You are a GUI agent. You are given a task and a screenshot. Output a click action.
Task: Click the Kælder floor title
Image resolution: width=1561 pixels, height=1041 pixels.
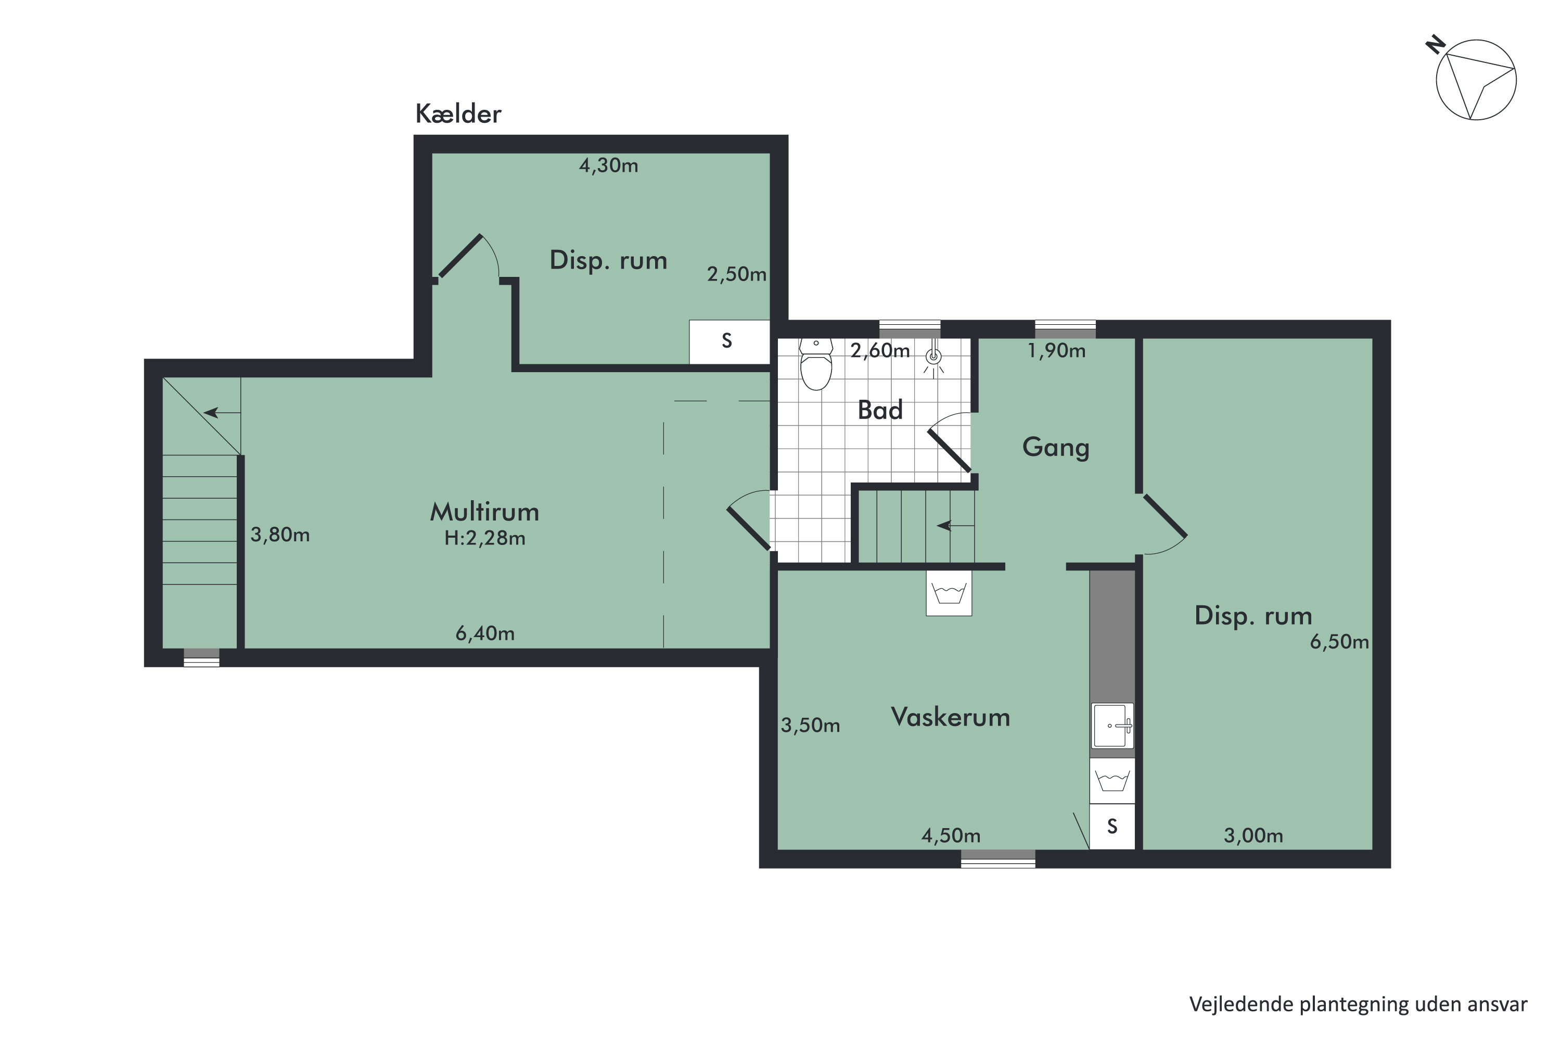(x=458, y=113)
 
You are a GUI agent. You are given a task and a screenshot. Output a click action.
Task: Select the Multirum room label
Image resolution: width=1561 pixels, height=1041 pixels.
(x=484, y=511)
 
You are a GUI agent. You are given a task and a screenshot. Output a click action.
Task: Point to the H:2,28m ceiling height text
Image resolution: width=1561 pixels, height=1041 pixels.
(x=484, y=538)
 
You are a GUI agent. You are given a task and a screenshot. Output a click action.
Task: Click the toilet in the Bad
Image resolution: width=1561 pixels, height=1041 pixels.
(x=816, y=364)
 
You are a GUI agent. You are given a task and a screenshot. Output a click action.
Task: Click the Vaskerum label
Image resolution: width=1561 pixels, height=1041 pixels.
(x=951, y=717)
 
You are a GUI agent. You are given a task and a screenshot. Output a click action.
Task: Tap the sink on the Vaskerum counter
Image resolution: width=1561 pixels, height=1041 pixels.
(x=1112, y=726)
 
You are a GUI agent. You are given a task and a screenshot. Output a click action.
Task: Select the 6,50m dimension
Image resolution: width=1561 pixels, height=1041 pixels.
(x=1339, y=642)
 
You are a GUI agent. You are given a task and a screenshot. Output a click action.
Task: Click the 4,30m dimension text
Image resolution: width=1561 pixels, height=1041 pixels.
(x=609, y=166)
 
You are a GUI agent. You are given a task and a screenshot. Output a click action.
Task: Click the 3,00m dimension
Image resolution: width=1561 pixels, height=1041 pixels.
(x=1253, y=836)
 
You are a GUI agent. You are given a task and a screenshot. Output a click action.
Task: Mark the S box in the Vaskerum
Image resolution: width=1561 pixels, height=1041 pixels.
(x=1112, y=827)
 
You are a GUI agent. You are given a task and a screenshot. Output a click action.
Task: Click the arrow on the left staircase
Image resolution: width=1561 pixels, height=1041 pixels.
(x=222, y=413)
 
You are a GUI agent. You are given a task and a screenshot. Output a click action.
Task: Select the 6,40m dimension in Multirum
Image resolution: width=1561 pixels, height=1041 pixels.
(x=484, y=633)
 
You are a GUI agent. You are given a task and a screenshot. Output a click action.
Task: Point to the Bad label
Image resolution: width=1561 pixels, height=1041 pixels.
(x=880, y=410)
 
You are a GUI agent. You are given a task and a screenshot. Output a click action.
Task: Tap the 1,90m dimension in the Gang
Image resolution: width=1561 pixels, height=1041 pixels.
(x=1057, y=350)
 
